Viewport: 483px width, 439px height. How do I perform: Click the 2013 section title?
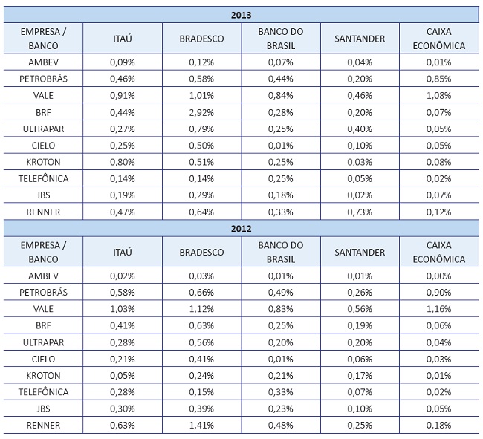[x=241, y=13]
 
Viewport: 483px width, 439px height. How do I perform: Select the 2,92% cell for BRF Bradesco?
[x=202, y=111]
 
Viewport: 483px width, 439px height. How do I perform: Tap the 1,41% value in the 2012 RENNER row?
[x=202, y=426]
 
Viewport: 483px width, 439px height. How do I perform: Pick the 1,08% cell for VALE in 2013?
[x=435, y=95]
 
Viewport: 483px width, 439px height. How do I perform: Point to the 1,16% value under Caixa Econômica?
[x=435, y=309]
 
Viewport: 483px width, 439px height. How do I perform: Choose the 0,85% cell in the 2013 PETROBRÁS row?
[x=435, y=78]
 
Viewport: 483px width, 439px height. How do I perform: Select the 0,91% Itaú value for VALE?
[x=121, y=95]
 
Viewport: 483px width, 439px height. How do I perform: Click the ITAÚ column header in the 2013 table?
[x=121, y=38]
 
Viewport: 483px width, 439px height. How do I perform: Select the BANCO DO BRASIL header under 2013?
[x=281, y=38]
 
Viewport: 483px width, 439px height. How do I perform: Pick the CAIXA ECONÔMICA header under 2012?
[x=435, y=252]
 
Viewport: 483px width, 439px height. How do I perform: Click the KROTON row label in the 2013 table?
[x=43, y=161]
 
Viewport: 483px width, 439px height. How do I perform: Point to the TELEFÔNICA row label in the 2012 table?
[x=43, y=392]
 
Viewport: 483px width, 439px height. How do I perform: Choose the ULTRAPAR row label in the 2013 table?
[x=43, y=128]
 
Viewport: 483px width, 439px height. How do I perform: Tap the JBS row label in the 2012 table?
[x=43, y=409]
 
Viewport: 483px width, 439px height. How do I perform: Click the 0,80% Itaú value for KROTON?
[x=121, y=161]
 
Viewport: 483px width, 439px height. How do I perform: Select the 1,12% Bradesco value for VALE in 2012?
[x=202, y=309]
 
